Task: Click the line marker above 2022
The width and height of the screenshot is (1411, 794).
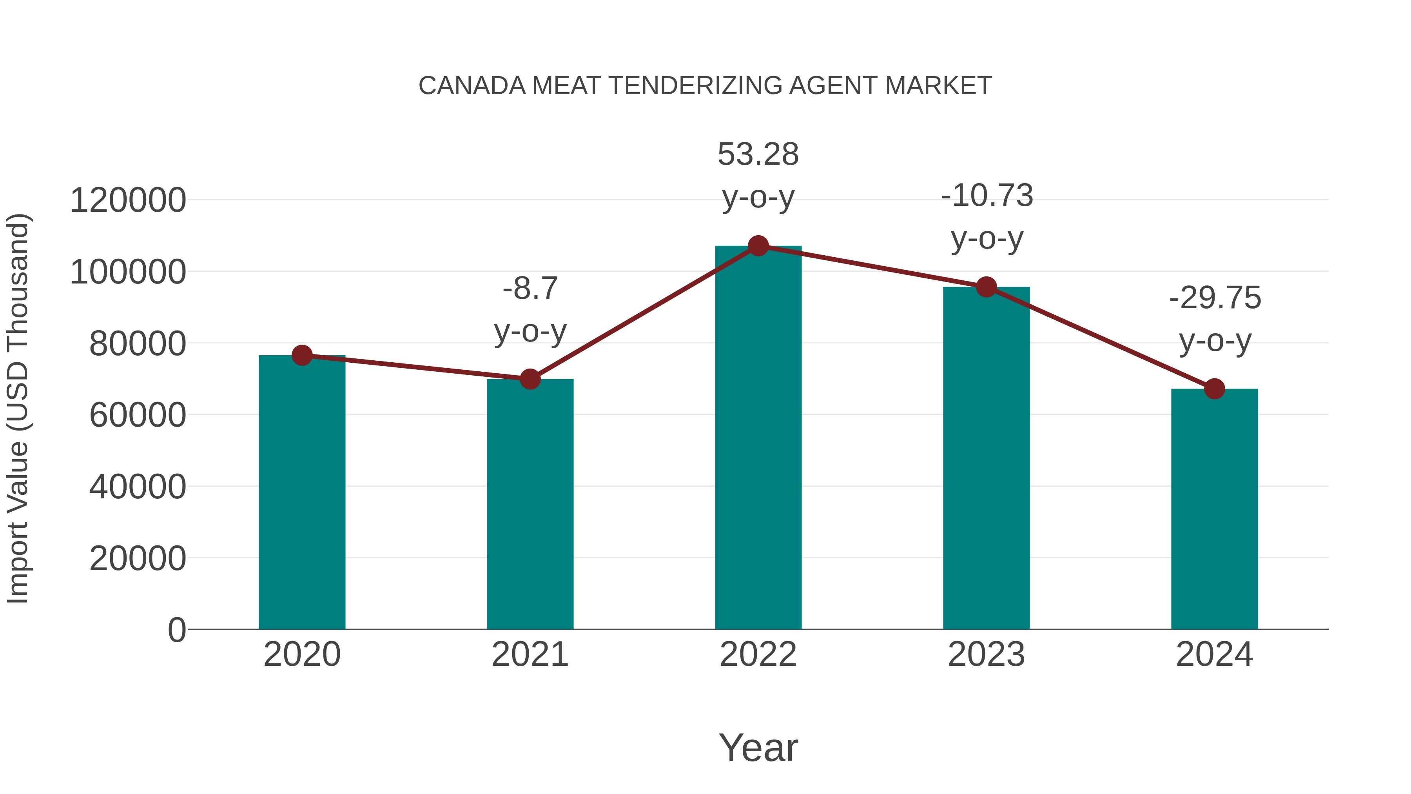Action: coord(758,246)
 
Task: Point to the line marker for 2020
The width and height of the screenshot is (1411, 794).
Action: coord(302,355)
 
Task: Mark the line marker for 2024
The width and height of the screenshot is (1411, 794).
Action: coord(1214,389)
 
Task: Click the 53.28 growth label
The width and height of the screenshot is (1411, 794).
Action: coord(758,154)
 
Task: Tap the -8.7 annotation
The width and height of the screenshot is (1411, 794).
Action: coord(530,289)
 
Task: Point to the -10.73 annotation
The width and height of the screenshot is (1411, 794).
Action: coord(987,196)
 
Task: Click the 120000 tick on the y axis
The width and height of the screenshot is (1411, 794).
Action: coord(128,200)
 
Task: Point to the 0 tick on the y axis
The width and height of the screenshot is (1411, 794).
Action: coord(176,630)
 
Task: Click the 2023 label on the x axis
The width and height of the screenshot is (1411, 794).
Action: coord(986,654)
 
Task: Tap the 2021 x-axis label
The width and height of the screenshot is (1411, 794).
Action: coord(530,654)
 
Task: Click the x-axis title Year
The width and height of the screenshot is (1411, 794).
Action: coord(758,747)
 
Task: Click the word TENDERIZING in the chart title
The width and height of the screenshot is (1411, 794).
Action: coord(695,86)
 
